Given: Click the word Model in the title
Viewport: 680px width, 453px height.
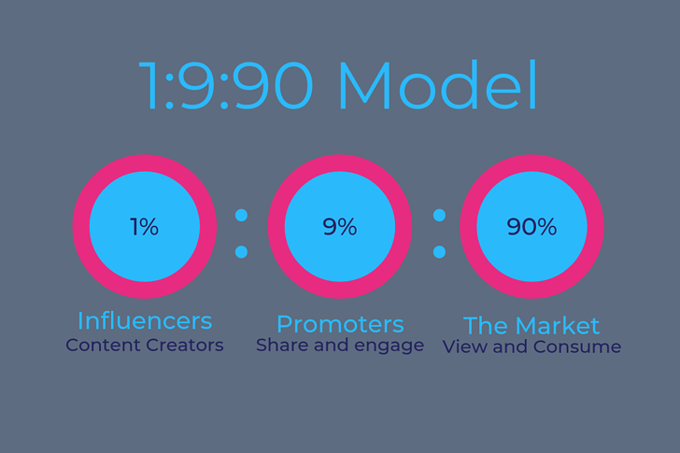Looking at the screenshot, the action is coord(438,85).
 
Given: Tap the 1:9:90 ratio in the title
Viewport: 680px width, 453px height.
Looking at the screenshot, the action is coord(225,85).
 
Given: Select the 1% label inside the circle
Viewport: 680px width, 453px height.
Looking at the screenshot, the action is coord(145,227).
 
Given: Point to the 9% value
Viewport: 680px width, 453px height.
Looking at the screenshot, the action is coord(340,227).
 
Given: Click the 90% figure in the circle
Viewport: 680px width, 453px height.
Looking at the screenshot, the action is coord(531,227).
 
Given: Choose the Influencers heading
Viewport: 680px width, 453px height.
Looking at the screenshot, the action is coord(145,320).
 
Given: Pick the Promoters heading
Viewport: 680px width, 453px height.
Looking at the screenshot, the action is coord(340,324).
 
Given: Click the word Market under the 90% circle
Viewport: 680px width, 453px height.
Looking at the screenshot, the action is coord(558,326).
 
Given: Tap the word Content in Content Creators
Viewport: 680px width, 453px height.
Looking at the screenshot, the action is coord(103,345).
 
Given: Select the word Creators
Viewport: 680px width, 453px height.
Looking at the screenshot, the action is coord(185,345).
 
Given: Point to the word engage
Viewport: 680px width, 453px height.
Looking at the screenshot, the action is coord(389,347).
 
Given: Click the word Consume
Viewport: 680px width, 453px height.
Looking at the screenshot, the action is coord(577,347).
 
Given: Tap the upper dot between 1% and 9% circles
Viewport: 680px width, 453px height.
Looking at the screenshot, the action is coord(242,215).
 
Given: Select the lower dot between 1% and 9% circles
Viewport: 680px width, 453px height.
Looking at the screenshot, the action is coord(242,252).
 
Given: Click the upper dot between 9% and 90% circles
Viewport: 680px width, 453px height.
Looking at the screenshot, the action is coord(439,215).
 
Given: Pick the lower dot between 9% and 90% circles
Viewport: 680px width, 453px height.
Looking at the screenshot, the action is coord(439,252).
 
